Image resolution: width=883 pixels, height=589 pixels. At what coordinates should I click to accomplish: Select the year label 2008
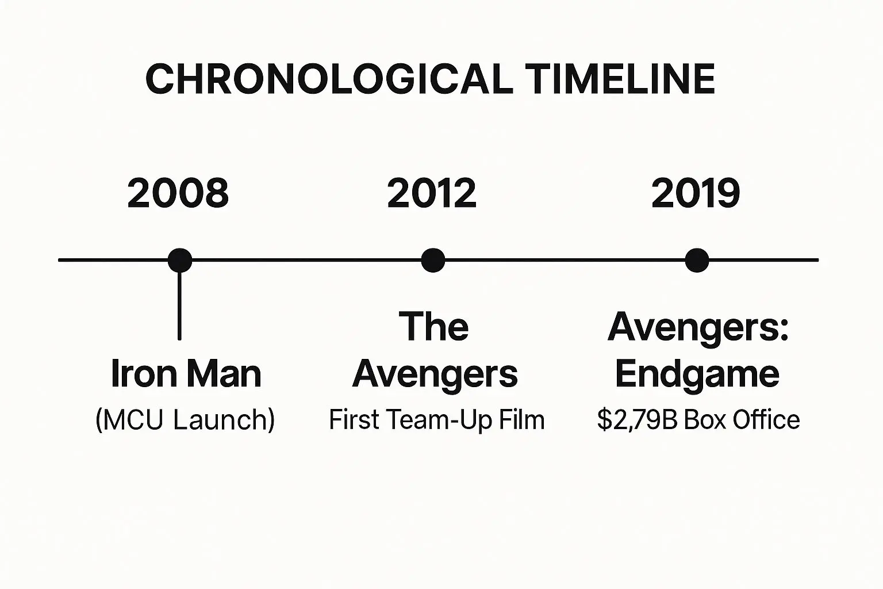point(178,193)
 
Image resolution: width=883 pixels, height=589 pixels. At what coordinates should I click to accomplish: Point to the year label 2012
point(432,193)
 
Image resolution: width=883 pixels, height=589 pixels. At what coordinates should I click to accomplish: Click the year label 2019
point(696,193)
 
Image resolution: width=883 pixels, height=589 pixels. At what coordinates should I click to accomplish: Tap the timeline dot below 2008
point(180,261)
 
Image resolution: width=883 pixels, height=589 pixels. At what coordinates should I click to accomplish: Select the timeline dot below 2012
point(433,261)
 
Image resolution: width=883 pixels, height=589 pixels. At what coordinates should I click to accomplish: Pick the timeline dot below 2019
point(697,261)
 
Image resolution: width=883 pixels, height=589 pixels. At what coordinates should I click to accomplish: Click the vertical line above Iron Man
point(180,306)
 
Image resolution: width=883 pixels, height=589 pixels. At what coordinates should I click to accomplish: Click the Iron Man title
point(186,373)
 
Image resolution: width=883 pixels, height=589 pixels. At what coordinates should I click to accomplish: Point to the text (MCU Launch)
point(185,420)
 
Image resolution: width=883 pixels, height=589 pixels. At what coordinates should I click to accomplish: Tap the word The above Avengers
point(433,326)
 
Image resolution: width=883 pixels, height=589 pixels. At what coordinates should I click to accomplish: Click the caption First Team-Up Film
point(437,419)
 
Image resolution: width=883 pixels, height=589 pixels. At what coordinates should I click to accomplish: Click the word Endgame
point(697,375)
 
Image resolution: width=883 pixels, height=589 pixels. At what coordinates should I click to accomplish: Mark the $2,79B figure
point(638,419)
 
